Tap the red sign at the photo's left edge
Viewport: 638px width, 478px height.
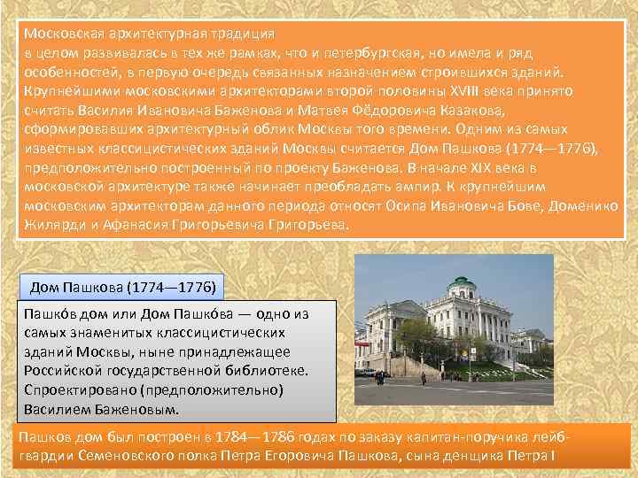pyautogui.click(x=358, y=338)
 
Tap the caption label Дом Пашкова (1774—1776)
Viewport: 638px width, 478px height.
pyautogui.click(x=121, y=288)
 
